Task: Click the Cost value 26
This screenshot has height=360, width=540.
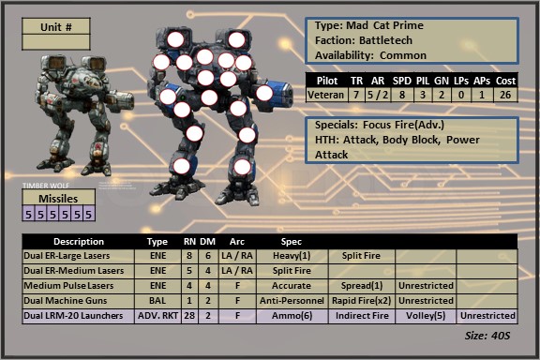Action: tap(505, 95)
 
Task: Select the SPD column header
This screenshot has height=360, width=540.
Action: tap(402, 81)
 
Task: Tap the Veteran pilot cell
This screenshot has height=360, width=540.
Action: tap(325, 95)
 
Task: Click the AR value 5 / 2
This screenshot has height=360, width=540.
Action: tap(378, 95)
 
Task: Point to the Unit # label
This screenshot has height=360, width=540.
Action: tap(56, 27)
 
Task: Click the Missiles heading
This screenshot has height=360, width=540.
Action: tap(58, 199)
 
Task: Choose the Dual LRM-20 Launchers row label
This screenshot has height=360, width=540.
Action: tap(73, 316)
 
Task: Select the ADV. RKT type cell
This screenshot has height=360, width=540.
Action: tap(158, 316)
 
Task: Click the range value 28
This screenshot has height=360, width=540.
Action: tap(189, 316)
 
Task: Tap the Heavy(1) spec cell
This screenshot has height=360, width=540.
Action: tap(292, 256)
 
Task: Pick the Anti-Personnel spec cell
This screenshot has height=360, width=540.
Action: tap(292, 301)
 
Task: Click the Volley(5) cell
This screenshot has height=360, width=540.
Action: tap(426, 316)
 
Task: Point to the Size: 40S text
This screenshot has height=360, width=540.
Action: tap(487, 336)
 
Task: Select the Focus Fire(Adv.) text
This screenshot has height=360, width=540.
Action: tap(403, 125)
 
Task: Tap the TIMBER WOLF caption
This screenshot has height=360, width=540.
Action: tap(46, 186)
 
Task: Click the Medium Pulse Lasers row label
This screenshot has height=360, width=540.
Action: tap(68, 286)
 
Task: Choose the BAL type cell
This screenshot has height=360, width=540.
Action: tap(157, 301)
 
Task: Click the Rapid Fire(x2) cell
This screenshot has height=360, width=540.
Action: tap(361, 301)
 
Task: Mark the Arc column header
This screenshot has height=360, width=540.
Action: tap(237, 242)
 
